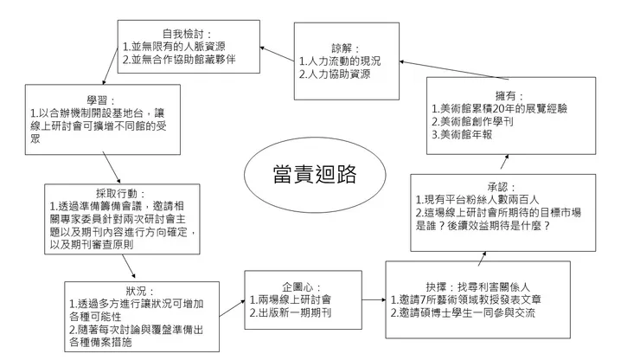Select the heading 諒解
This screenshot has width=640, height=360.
coord(344,48)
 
